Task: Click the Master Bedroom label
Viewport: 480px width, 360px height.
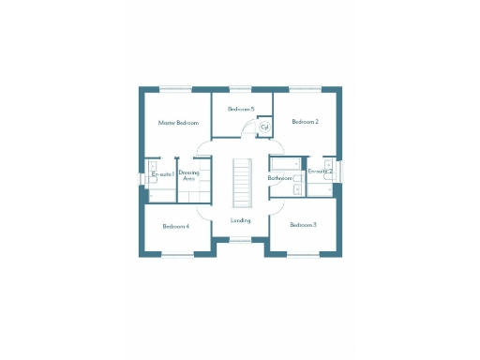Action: coord(178,123)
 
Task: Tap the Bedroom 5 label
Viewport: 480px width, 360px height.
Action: coord(241,110)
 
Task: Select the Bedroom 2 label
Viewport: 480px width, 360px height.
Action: coord(305,122)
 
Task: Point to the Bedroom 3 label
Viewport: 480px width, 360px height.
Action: coord(303,225)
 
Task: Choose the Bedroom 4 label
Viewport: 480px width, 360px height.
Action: coord(175,226)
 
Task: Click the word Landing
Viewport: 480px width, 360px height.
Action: coord(241,220)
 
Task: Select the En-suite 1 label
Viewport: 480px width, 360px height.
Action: coord(162,174)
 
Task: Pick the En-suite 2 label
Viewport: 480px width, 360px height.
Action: coord(321,172)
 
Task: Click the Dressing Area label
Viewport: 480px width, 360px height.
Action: coord(188,175)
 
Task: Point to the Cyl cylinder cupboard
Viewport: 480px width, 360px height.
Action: coord(264,127)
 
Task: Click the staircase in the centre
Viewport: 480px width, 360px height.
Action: coord(241,183)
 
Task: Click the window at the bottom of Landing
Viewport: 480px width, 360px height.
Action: coord(241,240)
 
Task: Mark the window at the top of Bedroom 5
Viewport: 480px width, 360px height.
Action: coord(241,90)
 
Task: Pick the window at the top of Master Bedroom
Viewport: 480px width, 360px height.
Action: coord(175,90)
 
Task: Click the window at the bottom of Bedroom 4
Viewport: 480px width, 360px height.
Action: coord(175,254)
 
